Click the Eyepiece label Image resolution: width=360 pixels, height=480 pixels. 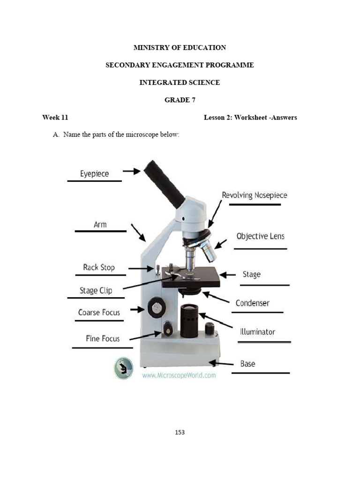coord(94,174)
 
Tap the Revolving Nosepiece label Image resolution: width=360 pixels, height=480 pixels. coord(254,195)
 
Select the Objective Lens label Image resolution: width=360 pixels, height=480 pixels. coord(260,236)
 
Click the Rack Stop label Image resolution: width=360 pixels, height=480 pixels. coord(98,267)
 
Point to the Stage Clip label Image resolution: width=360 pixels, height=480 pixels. coord(96,291)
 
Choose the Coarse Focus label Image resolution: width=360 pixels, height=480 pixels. coord(99,312)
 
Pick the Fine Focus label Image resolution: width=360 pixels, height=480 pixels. coord(102,338)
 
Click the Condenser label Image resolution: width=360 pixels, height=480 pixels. coord(252,303)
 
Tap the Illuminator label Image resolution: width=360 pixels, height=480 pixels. coord(257,332)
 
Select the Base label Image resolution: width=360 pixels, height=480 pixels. coord(247,364)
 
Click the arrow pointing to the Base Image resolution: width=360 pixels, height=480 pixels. coord(222,363)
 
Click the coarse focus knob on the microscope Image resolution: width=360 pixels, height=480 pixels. coord(156,308)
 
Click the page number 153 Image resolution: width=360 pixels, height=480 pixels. coord(180,432)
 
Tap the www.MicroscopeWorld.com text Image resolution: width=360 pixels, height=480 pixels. coord(179,375)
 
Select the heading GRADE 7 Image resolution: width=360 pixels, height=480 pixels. coord(180,100)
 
